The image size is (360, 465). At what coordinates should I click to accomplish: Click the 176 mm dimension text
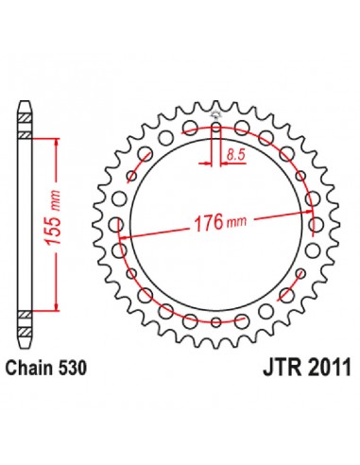point(220,223)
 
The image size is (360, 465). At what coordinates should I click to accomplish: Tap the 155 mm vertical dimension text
point(52,217)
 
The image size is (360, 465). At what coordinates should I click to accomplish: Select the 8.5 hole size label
point(236,155)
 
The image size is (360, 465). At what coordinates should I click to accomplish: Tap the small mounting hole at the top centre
point(216,128)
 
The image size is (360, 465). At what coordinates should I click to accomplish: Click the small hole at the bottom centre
point(216,322)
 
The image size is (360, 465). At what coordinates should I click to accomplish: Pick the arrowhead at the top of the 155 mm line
point(57,143)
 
